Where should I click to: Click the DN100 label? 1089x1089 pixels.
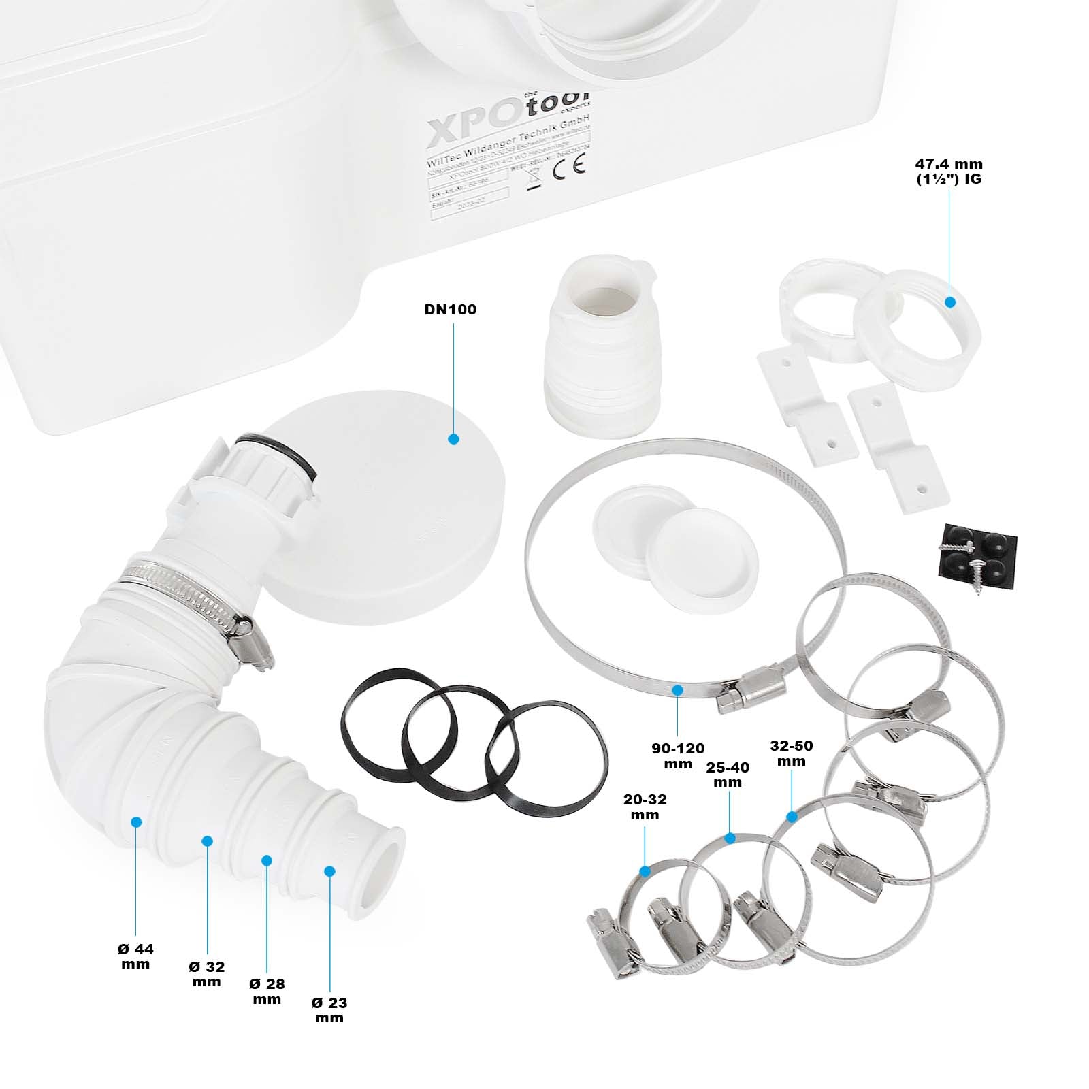450,310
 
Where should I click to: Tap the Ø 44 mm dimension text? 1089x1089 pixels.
135,956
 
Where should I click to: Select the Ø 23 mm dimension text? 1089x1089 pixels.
329,1010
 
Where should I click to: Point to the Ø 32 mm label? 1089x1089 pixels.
207,974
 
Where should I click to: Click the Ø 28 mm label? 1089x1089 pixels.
267,991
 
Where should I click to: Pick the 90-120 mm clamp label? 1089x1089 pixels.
678,756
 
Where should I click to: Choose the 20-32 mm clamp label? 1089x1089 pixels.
645,807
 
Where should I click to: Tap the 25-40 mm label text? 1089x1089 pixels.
728,775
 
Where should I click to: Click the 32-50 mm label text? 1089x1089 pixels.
792,753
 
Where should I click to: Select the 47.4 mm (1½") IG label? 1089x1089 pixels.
948,172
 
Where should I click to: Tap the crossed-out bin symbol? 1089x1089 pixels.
534,179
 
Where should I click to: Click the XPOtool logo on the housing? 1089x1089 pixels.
507,116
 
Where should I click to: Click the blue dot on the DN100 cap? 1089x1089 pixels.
454,439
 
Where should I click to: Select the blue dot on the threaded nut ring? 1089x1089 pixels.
950,302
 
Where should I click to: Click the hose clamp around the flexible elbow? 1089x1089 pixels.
197,596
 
